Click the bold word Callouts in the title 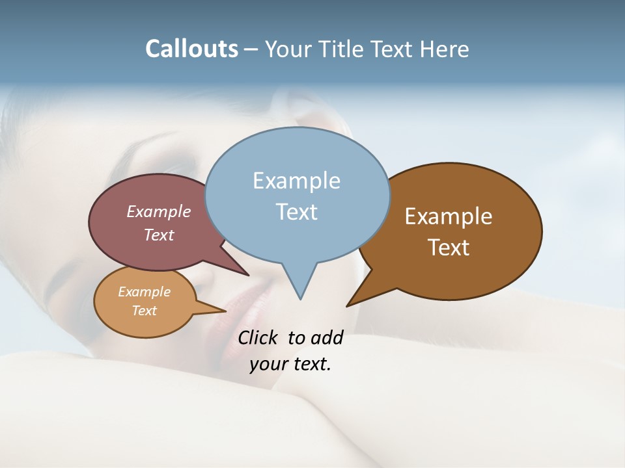pos(191,49)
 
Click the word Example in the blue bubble pos(296,181)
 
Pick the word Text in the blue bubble pos(296,212)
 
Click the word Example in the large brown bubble pos(449,216)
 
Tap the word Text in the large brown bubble pos(449,248)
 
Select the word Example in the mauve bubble pos(159,211)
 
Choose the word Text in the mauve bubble pos(159,235)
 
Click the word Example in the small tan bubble pos(144,292)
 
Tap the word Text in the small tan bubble pos(144,311)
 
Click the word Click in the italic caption pos(258,337)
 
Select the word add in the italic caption pos(327,337)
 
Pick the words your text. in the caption pos(290,364)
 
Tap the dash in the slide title pos(251,49)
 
